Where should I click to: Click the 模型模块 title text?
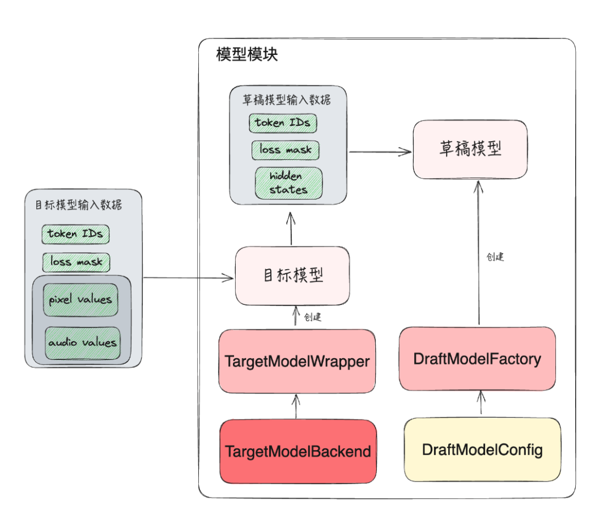(x=247, y=56)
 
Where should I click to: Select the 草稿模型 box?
(x=470, y=149)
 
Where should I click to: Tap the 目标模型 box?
(x=292, y=275)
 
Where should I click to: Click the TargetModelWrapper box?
(x=297, y=361)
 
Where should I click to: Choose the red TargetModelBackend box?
(x=297, y=451)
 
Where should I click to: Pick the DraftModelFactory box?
(x=477, y=359)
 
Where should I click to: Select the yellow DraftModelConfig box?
(x=482, y=450)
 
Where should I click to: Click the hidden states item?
(x=288, y=183)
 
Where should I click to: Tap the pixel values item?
(x=80, y=299)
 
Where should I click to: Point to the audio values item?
(x=83, y=343)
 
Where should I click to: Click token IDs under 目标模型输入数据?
(x=75, y=234)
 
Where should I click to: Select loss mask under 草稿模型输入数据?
(x=286, y=150)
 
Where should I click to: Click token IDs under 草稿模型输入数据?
(x=283, y=122)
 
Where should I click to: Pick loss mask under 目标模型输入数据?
(x=76, y=262)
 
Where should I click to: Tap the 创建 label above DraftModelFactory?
(x=495, y=257)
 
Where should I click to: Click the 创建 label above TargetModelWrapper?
(x=313, y=317)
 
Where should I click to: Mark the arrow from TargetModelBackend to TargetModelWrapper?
(x=295, y=406)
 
